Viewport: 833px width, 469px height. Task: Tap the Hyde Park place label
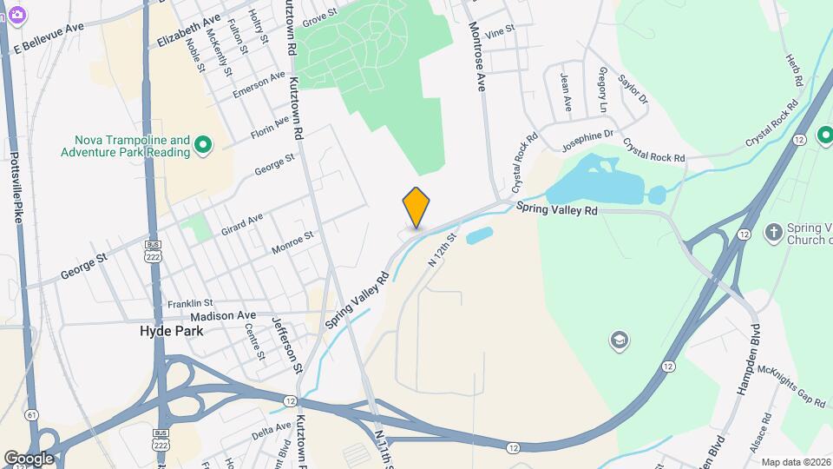point(172,331)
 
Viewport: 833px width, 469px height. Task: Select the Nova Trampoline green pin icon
point(203,145)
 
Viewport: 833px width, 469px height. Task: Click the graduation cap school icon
point(619,340)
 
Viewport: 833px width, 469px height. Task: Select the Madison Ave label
point(223,316)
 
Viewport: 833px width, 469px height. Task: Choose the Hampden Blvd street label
point(748,360)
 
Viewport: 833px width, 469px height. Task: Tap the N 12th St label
point(443,248)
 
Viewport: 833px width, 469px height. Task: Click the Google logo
point(28,458)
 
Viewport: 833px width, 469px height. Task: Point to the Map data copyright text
point(795,462)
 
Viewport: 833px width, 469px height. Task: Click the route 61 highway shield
point(32,414)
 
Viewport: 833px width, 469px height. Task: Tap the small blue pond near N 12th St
point(479,235)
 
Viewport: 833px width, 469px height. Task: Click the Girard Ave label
point(242,224)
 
